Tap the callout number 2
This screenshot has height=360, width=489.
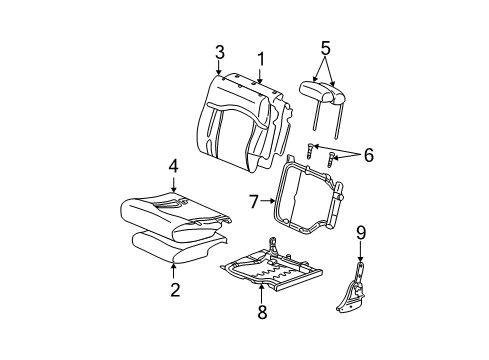click(175, 291)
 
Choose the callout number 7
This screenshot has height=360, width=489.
click(256, 202)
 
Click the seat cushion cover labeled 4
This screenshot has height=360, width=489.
click(175, 215)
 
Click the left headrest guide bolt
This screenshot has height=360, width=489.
click(311, 152)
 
